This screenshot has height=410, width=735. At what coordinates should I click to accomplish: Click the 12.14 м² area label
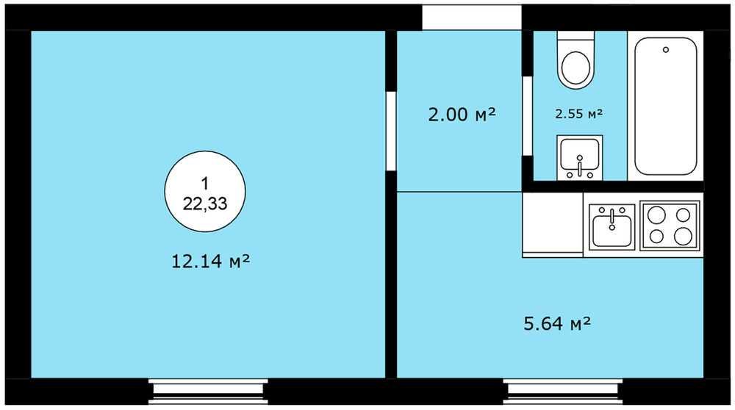pyautogui.click(x=210, y=261)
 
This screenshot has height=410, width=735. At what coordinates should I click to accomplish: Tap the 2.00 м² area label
pyautogui.click(x=462, y=115)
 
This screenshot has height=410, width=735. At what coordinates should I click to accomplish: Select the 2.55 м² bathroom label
pyautogui.click(x=579, y=113)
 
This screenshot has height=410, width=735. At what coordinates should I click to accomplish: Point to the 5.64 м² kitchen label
pyautogui.click(x=557, y=323)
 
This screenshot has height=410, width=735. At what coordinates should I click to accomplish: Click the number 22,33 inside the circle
pyautogui.click(x=205, y=204)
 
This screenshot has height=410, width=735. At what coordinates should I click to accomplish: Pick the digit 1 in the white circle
pyautogui.click(x=205, y=183)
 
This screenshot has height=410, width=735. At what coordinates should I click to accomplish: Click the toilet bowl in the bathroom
pyautogui.click(x=576, y=60)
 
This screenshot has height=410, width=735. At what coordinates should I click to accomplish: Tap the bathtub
pyautogui.click(x=666, y=106)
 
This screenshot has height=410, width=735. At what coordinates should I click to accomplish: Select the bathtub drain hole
pyautogui.click(x=666, y=50)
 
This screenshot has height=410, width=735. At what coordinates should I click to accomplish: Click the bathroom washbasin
pyautogui.click(x=580, y=158)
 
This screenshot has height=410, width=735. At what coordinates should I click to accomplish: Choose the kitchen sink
pyautogui.click(x=612, y=227)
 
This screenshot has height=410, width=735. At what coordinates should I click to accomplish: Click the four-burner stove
pyautogui.click(x=670, y=226)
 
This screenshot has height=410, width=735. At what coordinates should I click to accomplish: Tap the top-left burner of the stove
pyautogui.click(x=656, y=215)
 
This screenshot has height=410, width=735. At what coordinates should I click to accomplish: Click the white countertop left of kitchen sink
pyautogui.click(x=553, y=223)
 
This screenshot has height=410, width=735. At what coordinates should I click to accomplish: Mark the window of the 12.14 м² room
pyautogui.click(x=208, y=392)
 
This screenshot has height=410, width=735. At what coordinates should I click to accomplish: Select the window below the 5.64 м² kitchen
pyautogui.click(x=563, y=392)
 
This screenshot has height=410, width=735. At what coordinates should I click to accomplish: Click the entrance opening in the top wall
pyautogui.click(x=472, y=18)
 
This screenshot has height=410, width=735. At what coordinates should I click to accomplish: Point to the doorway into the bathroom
pyautogui.click(x=527, y=116)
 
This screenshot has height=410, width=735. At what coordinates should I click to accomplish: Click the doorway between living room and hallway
pyautogui.click(x=391, y=131)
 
